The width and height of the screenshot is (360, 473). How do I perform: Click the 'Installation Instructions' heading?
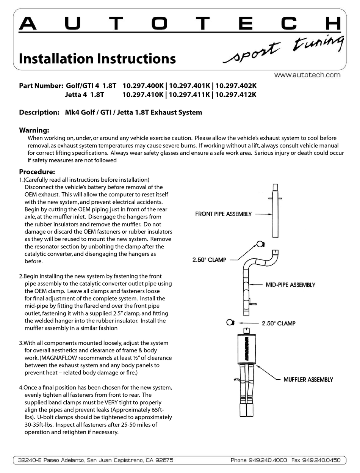click(97, 59)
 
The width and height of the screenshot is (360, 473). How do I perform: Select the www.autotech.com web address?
click(307, 75)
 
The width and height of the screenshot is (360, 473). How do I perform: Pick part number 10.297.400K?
click(143, 86)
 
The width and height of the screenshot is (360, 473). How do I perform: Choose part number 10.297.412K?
click(235, 94)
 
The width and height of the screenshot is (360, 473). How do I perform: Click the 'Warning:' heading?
click(34, 130)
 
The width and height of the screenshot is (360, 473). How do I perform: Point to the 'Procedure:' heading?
click(37, 171)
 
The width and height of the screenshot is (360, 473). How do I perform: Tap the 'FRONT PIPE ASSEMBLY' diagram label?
click(223, 214)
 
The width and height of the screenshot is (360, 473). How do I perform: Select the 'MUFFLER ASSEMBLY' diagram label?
click(308, 379)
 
